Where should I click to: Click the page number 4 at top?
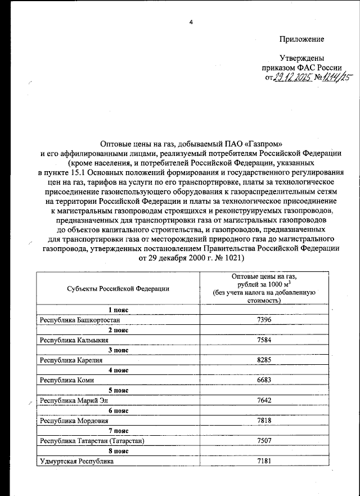(x=191, y=22)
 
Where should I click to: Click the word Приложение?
(x=302, y=39)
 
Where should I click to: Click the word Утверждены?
(x=302, y=58)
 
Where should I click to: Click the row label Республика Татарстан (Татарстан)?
(x=92, y=441)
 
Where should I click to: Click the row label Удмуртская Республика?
(x=76, y=462)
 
